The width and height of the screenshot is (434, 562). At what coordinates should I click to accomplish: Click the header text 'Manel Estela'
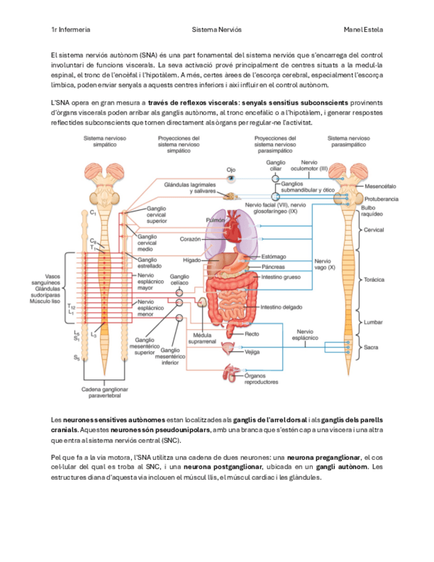[364, 30]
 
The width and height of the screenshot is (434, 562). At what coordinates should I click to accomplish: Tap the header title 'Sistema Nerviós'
[217, 30]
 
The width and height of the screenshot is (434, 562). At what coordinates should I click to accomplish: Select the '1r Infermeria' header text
[71, 30]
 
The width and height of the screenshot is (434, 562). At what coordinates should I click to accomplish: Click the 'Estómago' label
[274, 256]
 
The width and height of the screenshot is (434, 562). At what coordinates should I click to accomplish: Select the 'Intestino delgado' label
[282, 308]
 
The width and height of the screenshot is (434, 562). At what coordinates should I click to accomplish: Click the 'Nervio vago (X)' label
[325, 264]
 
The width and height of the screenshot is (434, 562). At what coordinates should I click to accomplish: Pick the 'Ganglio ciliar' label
[276, 165]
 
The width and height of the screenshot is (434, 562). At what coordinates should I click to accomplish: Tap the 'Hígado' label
[192, 260]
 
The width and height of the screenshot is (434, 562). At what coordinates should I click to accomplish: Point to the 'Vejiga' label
[252, 353]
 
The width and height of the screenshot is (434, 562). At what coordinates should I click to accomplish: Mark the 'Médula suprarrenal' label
[199, 338]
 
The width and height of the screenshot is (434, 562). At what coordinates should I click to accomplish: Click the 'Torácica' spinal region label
[374, 280]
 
